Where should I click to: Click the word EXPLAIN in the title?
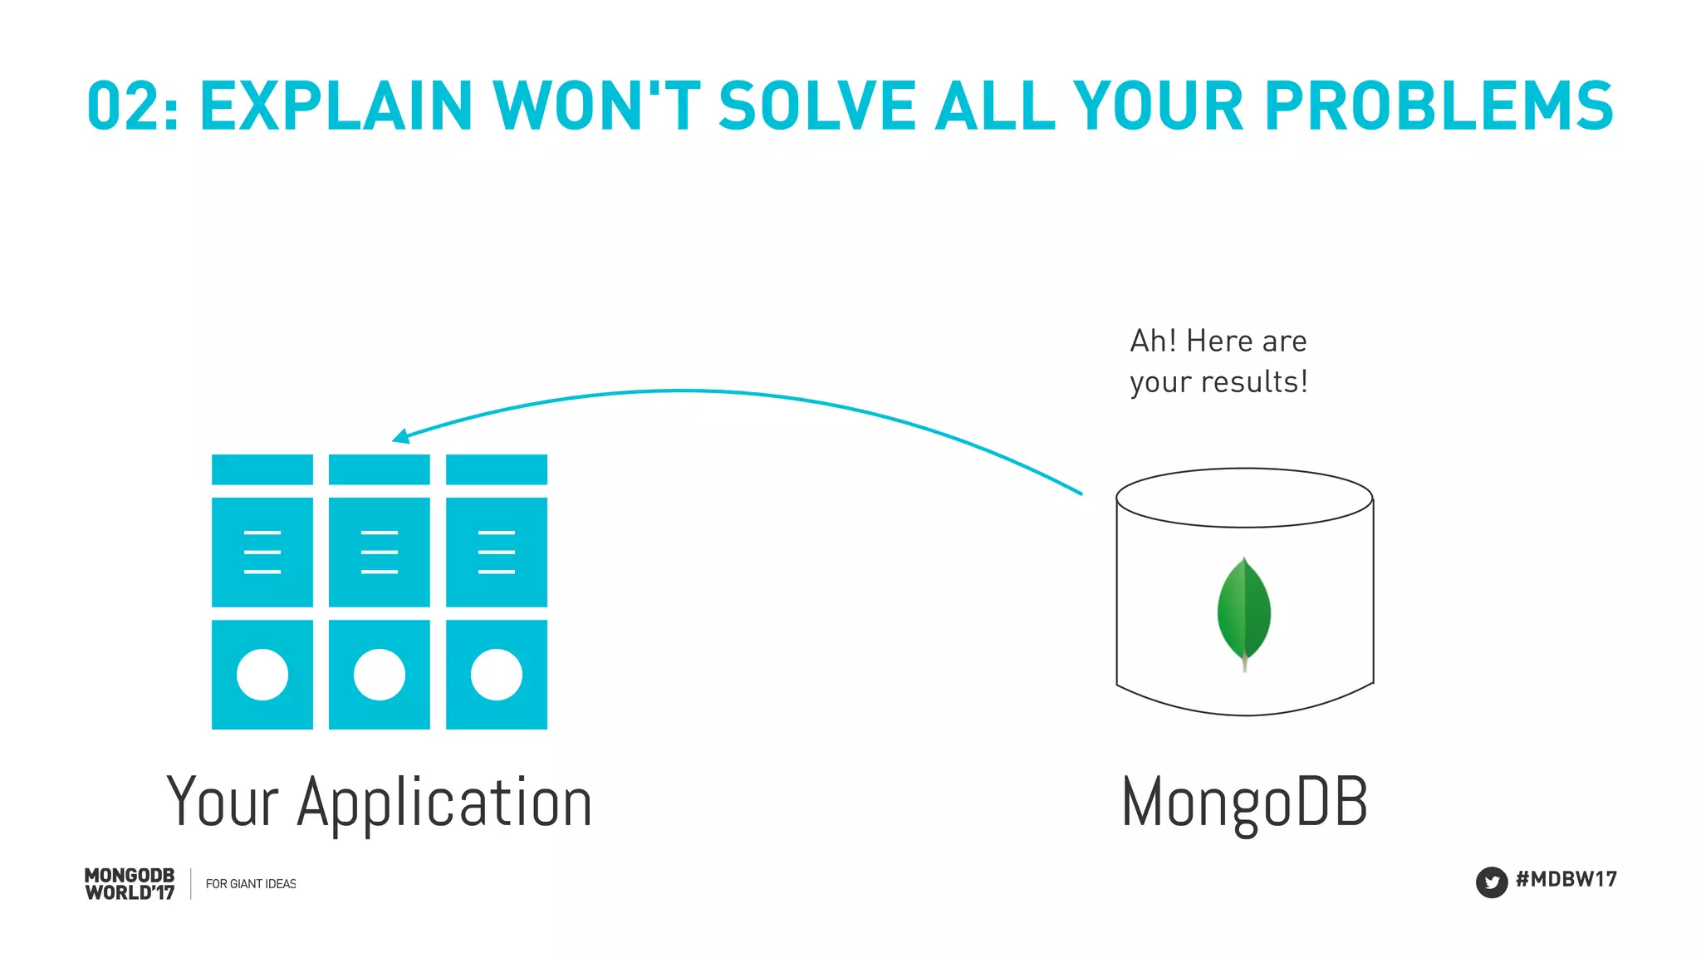[336, 106]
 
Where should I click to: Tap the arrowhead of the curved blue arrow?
[400, 436]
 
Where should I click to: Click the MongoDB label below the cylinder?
[1244, 802]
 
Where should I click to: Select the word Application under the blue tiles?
[444, 803]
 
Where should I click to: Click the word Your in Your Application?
[222, 803]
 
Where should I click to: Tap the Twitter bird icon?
[1491, 882]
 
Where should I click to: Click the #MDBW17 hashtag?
[1566, 879]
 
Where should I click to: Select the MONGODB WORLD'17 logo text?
[130, 884]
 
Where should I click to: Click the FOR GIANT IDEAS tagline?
[251, 884]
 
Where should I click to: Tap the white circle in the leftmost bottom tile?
[262, 675]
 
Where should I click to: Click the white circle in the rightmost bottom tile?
[497, 675]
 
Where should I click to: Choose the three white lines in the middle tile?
[380, 552]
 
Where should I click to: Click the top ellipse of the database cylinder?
[1244, 498]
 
